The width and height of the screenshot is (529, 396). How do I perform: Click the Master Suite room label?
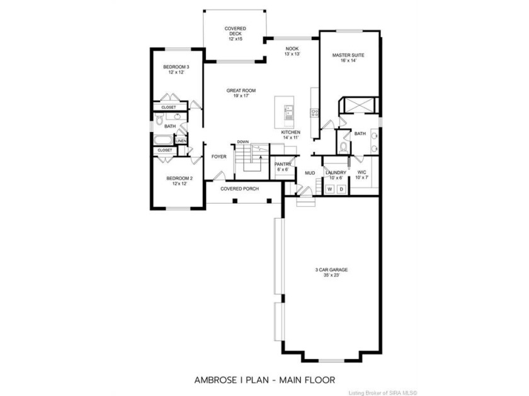pos(348,58)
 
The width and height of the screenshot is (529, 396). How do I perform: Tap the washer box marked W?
pos(330,189)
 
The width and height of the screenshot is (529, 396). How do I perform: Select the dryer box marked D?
pos(341,189)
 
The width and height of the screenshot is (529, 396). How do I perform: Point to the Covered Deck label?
pos(236,34)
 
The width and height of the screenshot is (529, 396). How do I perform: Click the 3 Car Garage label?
pos(331,272)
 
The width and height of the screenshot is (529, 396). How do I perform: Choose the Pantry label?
pos(283,167)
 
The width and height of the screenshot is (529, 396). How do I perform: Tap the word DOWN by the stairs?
pos(243,142)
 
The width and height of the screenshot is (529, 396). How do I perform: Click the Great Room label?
pos(241,93)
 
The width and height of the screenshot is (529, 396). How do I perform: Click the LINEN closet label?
pos(181,140)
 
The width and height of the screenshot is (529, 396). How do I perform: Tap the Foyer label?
pos(219,157)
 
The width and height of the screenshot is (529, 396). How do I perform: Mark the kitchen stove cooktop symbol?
pos(314,113)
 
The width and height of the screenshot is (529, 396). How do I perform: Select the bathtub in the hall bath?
pos(164,140)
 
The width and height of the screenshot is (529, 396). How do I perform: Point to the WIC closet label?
pos(361,175)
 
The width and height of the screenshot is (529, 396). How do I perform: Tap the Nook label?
pos(292,51)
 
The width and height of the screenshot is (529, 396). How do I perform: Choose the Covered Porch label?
pos(239,189)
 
